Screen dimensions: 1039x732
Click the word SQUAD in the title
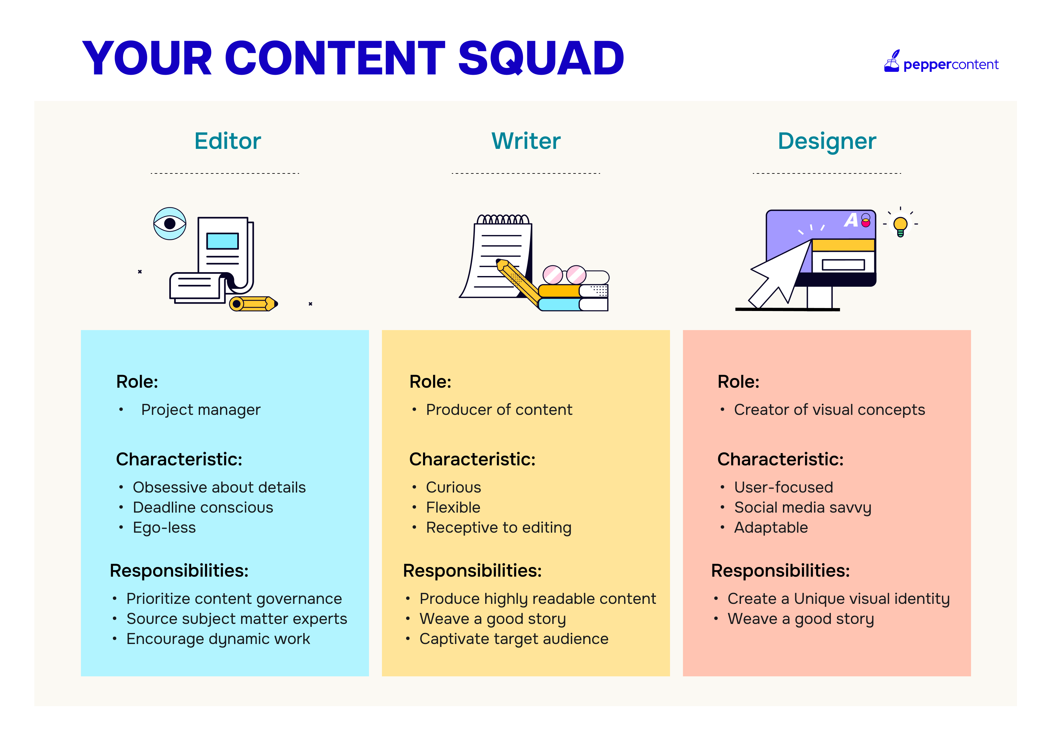pos(541,59)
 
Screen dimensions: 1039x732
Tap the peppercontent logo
pos(941,61)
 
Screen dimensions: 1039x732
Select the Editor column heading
pos(228,141)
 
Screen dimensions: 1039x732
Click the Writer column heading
pos(526,141)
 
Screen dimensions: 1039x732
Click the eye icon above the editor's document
pos(170,224)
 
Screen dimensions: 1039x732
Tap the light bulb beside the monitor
pos(900,225)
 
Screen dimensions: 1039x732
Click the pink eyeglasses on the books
pos(564,275)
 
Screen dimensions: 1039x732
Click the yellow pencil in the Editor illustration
pos(253,304)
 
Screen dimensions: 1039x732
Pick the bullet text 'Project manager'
pos(201,410)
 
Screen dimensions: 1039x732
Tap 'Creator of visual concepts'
pos(830,410)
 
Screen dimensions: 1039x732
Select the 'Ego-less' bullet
pos(164,528)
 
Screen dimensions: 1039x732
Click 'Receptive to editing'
pos(499,528)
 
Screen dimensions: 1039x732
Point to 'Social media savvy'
pos(803,508)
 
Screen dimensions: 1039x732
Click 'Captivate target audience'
pos(514,639)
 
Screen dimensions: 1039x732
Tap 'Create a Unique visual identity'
pos(839,599)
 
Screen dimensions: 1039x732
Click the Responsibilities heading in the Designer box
pos(781,571)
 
